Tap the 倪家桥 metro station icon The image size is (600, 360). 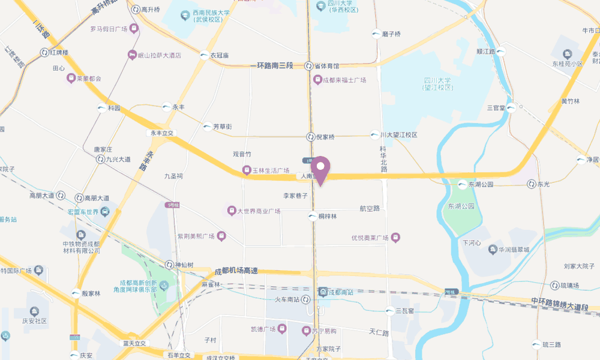point(311,137)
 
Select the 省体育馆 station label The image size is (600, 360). point(328,65)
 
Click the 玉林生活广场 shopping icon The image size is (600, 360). point(246,170)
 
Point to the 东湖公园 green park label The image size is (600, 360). point(461,206)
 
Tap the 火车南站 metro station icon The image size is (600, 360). point(307,299)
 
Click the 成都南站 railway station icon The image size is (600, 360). point(323,292)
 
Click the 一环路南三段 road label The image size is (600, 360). point(271,65)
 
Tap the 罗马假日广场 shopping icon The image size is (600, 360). point(133,28)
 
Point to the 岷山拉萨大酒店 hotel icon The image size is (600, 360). point(133,55)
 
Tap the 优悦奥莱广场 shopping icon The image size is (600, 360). point(395,238)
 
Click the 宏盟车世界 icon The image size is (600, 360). point(105,211)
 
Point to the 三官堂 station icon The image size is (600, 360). point(511,108)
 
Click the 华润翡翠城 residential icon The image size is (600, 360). point(491,249)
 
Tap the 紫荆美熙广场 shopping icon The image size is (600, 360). point(221,236)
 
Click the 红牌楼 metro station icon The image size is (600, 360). point(44,53)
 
